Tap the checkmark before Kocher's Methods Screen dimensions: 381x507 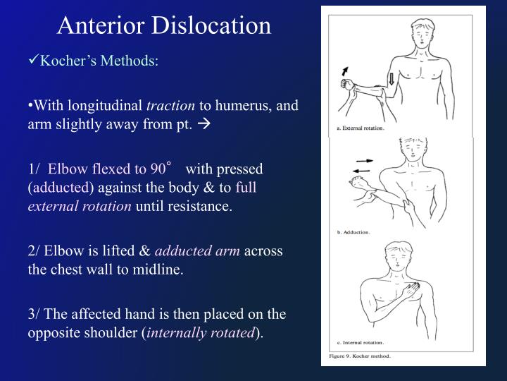click(34, 61)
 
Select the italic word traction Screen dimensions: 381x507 click(170, 106)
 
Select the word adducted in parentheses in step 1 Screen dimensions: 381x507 click(60, 188)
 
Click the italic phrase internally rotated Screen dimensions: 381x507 click(203, 333)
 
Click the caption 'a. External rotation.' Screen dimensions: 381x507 click(355, 128)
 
